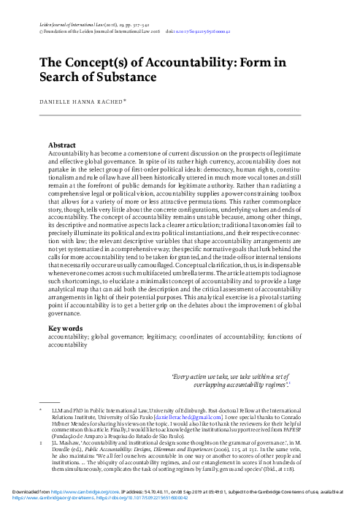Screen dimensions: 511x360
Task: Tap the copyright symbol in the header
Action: pos(39,32)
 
